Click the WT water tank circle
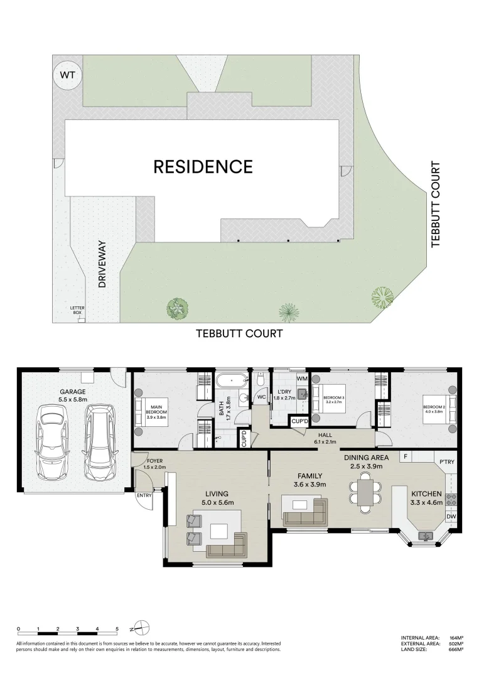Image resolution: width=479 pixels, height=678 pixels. [67, 75]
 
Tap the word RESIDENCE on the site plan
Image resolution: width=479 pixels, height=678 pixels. [203, 167]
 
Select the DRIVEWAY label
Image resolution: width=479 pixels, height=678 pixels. [102, 264]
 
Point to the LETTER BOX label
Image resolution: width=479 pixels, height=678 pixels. [78, 310]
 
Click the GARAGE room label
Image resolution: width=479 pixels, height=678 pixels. [73, 395]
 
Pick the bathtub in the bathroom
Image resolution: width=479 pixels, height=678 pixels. [232, 382]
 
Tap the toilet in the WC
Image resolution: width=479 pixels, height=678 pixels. [261, 380]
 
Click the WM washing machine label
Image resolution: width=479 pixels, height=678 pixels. [302, 379]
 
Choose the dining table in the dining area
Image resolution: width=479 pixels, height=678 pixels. [365, 493]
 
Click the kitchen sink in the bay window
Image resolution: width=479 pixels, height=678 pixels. [426, 535]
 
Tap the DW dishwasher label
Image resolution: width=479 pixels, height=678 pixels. [451, 516]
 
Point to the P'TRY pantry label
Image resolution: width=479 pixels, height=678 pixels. [447, 462]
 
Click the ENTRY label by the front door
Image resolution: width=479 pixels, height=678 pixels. [144, 495]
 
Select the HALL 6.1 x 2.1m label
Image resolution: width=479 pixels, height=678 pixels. [325, 438]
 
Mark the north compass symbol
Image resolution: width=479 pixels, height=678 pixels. [141, 627]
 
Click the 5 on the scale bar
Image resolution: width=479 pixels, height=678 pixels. [117, 628]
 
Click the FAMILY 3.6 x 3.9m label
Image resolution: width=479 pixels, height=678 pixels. [309, 480]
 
